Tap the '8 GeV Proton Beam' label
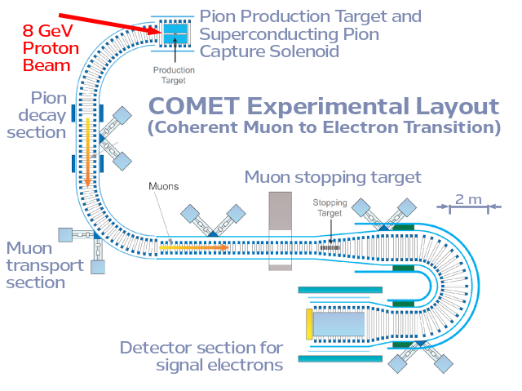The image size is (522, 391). tap(51, 47)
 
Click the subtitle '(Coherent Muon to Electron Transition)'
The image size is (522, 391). tap(324, 127)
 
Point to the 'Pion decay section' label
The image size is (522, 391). tap(37, 115)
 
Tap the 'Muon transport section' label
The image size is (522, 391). tap(45, 264)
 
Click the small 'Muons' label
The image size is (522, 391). tap(163, 186)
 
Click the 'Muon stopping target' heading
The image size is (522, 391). tap(333, 177)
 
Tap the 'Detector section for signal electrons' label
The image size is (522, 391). tap(201, 356)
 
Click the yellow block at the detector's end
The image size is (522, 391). tap(309, 325)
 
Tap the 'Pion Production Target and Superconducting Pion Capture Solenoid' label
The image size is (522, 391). tap(310, 33)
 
